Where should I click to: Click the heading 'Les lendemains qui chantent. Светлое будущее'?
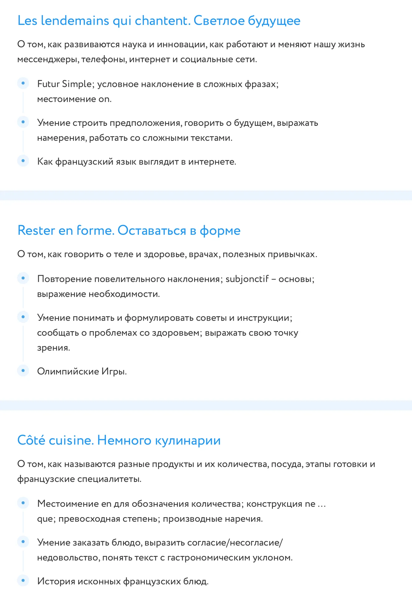point(159,21)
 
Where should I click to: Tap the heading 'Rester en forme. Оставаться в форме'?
point(129,230)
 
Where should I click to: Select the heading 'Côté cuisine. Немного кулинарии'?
point(119,440)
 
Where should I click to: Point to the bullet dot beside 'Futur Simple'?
point(23,83)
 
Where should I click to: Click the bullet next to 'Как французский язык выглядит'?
point(23,161)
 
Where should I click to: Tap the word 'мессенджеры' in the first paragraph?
point(48,59)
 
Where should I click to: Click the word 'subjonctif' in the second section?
point(247,279)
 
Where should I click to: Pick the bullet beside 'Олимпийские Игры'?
point(23,371)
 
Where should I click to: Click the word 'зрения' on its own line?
point(53,347)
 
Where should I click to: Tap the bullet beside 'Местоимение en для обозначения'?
point(23,503)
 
